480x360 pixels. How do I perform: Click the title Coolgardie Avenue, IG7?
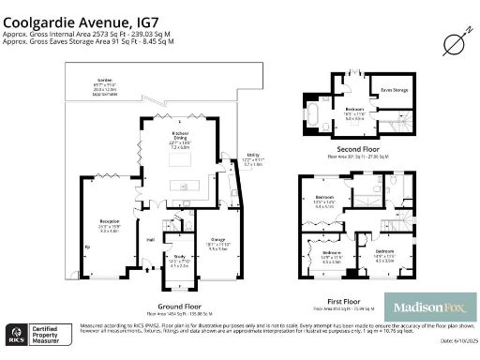(x=76, y=16)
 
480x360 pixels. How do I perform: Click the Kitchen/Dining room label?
(x=181, y=135)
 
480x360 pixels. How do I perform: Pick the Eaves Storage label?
(x=394, y=90)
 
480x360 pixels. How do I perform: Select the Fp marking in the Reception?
(x=87, y=247)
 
